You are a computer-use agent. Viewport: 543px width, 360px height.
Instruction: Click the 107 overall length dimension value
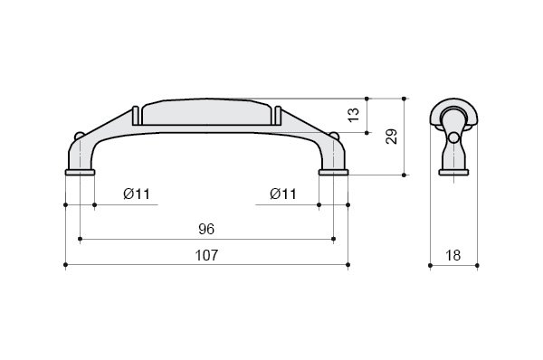click(206, 255)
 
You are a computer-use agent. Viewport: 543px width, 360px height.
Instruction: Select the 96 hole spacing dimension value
click(206, 229)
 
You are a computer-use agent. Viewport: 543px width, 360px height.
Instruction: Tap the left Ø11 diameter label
click(137, 194)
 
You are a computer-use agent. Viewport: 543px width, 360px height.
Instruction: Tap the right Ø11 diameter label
click(283, 194)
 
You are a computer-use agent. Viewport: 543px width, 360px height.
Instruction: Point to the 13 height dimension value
click(354, 115)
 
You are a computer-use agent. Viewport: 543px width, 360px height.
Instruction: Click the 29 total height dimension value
click(392, 137)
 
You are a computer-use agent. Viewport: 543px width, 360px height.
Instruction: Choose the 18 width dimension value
click(453, 256)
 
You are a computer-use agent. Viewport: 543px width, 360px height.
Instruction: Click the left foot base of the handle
click(80, 173)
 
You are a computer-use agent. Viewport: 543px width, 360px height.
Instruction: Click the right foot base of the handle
click(333, 173)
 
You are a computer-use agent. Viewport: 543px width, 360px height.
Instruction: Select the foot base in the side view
click(453, 173)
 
